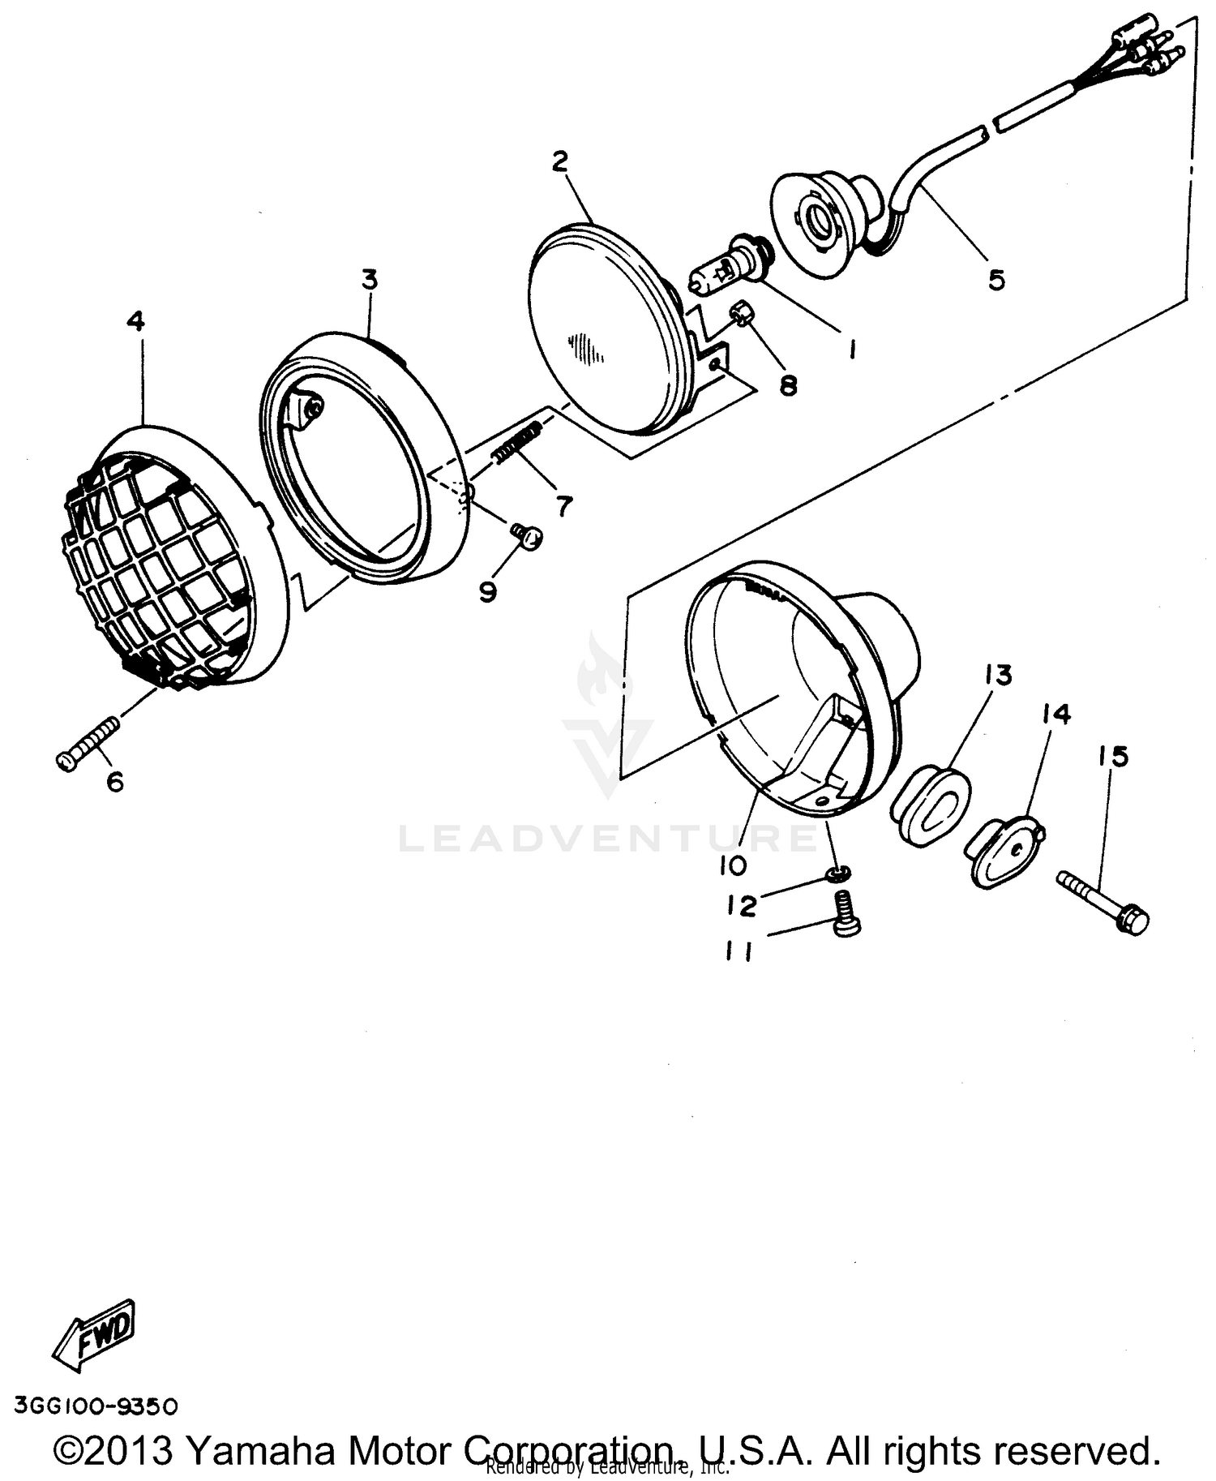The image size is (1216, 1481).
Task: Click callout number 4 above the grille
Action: point(135,322)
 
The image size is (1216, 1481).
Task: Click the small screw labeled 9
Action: point(528,535)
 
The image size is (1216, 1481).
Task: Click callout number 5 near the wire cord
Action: point(995,280)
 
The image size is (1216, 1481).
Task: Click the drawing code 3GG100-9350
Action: point(96,1406)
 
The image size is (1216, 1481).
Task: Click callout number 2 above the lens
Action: point(560,161)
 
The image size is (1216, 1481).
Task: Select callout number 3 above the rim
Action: point(369,281)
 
